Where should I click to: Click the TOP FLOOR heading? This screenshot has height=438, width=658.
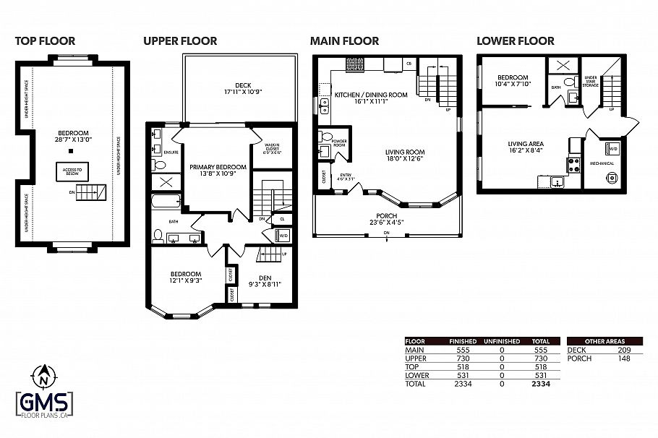point(45,41)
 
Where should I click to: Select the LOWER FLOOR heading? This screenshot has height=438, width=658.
point(516,41)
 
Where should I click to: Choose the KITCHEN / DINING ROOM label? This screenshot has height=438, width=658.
point(371,98)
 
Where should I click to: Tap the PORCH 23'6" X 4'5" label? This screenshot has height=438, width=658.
point(386,219)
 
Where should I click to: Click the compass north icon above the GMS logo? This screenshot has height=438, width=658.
point(44,377)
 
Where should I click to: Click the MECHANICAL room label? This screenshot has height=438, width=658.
point(602,163)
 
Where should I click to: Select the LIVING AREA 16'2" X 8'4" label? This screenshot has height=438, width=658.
point(526,147)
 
